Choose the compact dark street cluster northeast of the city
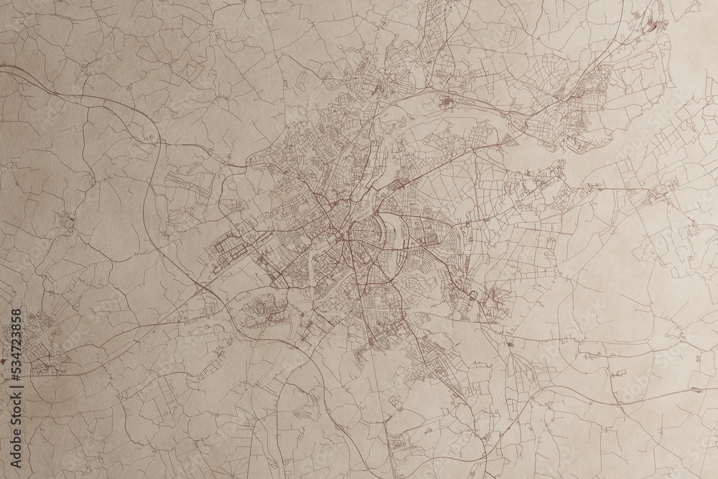[x=448, y=103]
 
